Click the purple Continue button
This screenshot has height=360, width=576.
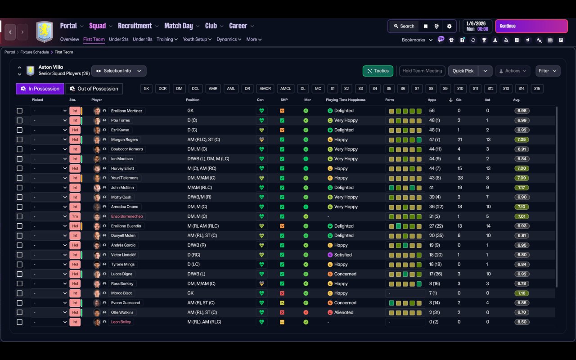531,26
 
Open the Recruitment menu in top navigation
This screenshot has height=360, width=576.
135,26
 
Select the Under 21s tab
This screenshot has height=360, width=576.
118,39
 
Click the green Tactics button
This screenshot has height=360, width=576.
378,71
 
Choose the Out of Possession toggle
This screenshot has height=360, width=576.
94,89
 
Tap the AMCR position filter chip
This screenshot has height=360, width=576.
265,89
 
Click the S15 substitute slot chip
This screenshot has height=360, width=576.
537,89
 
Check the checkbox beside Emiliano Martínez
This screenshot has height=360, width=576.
19,111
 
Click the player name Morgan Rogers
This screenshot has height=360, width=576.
125,139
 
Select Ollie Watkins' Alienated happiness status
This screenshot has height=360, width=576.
344,312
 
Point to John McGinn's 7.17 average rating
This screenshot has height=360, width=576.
522,188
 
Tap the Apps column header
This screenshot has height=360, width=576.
432,100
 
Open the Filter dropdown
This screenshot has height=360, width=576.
548,71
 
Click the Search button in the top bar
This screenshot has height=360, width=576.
404,26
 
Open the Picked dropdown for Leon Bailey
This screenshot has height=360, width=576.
49,322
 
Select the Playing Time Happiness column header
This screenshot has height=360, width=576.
346,100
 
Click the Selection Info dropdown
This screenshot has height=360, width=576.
119,71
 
